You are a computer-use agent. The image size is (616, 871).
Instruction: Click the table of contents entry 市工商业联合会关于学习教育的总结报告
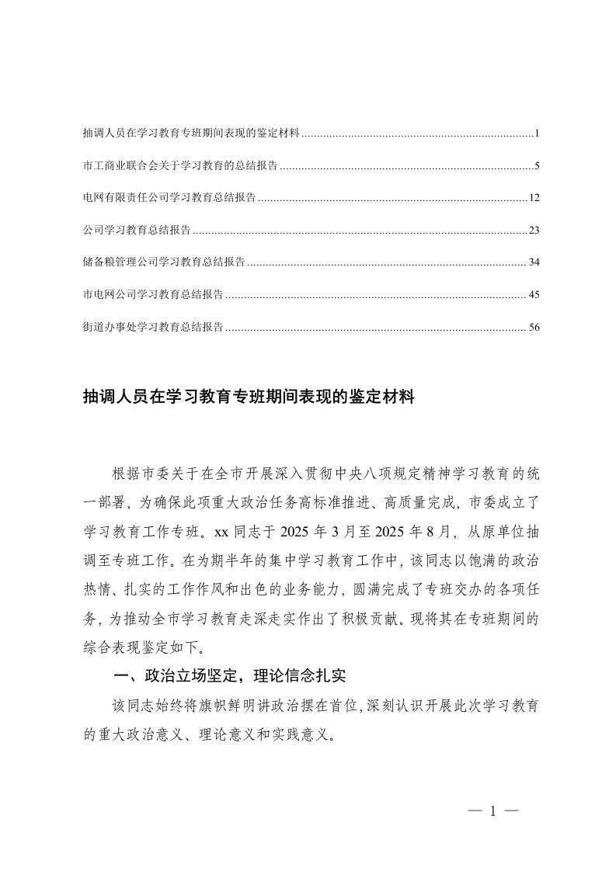tap(179, 166)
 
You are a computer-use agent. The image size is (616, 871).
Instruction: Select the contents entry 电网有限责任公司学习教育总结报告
tap(169, 199)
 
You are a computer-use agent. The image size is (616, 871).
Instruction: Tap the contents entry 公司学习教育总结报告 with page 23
tap(136, 231)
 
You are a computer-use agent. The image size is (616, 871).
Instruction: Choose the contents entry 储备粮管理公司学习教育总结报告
tap(163, 262)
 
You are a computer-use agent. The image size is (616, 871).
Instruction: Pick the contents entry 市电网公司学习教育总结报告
tap(152, 295)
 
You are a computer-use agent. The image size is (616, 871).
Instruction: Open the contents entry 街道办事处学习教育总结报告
tap(152, 328)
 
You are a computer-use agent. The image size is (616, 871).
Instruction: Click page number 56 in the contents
tap(534, 328)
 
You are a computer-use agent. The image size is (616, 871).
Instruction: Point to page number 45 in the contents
tap(534, 295)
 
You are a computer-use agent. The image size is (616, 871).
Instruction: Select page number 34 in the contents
tap(534, 262)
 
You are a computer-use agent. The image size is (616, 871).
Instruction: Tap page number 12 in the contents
tap(534, 199)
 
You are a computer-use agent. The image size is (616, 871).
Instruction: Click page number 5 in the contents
tap(537, 166)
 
